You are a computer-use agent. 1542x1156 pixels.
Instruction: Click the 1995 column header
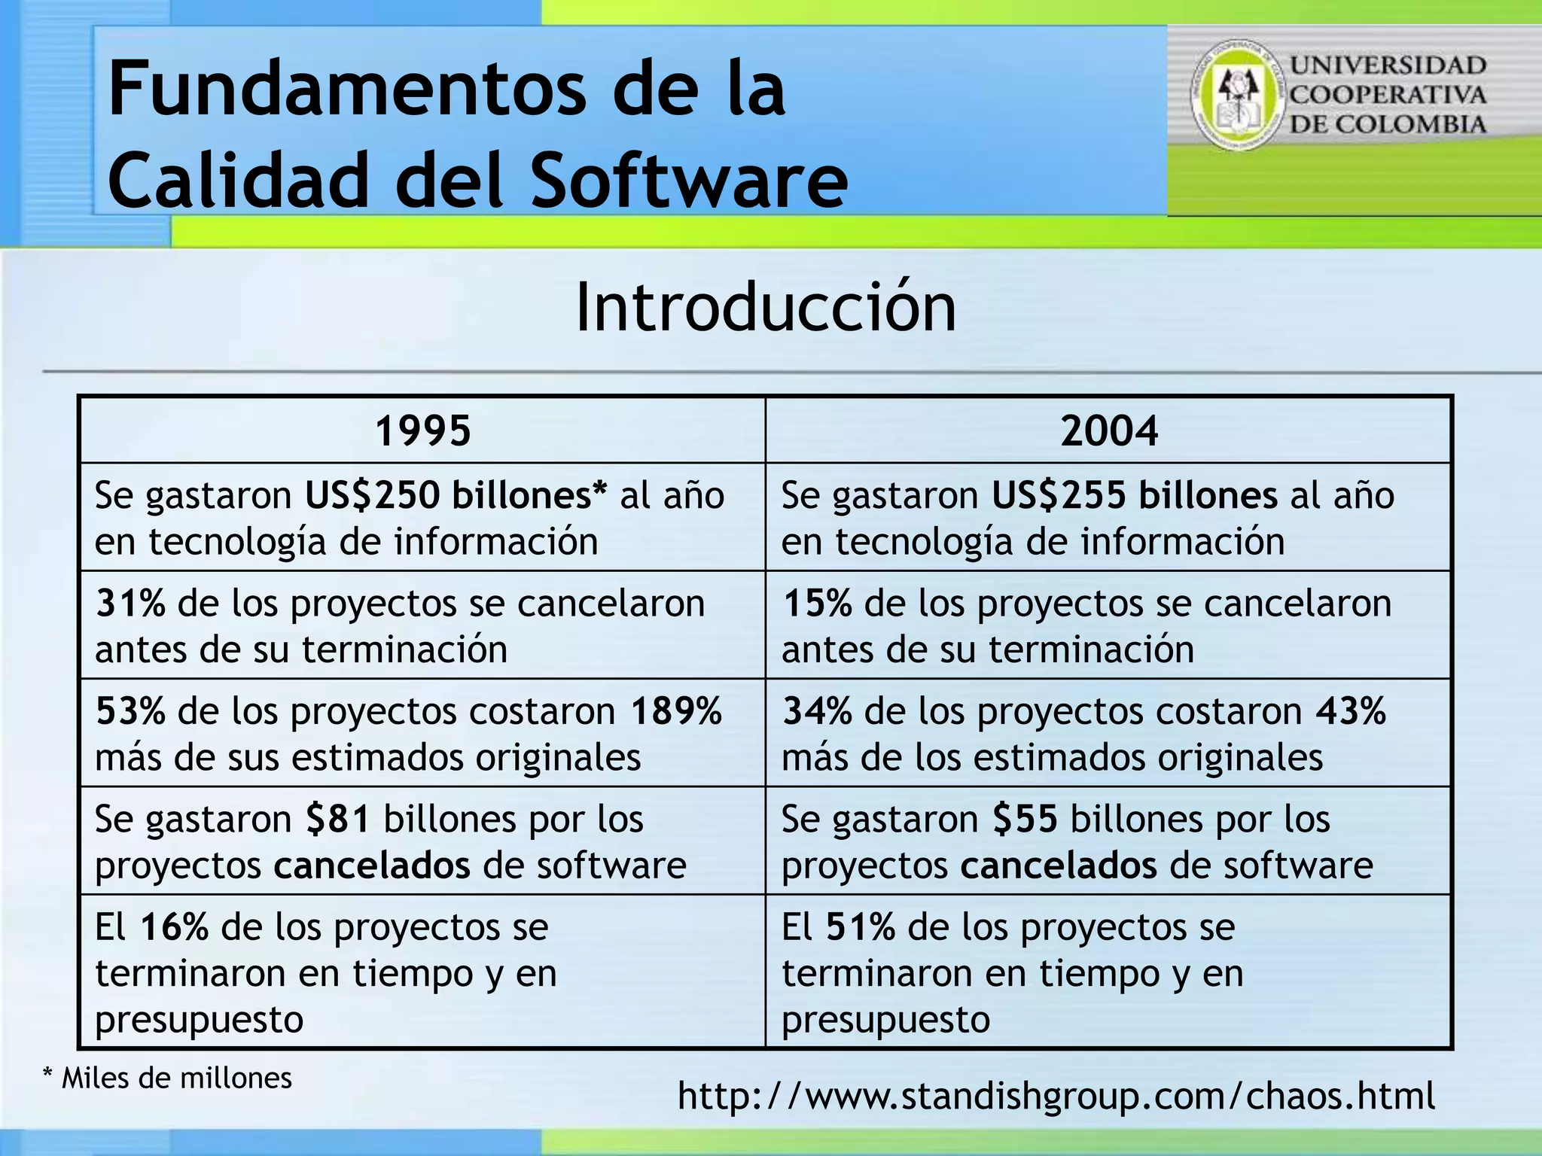pos(422,431)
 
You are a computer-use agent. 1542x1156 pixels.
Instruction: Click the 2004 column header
pos(1109,431)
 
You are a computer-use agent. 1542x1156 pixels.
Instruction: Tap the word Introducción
pos(765,308)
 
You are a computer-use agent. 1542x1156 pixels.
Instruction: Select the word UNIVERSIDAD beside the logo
pos(1388,65)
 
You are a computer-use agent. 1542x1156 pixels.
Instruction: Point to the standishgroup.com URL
pos(1056,1096)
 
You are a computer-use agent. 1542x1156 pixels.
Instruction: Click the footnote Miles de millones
pos(176,1078)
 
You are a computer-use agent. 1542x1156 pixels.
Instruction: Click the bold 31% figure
pos(130,604)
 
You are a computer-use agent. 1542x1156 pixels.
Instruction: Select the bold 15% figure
pos(818,604)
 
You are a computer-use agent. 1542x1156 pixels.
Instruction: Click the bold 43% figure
pos(1351,711)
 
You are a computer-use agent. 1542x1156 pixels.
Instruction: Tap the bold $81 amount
pos(338,820)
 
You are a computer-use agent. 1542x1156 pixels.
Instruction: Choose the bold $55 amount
pos(1025,820)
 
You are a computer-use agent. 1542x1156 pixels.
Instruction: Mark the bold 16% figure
pos(174,927)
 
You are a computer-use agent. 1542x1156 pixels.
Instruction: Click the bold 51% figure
pos(861,927)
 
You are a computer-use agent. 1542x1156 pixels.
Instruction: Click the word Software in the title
pos(689,181)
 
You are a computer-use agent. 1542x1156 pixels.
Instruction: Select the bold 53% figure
pos(130,711)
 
